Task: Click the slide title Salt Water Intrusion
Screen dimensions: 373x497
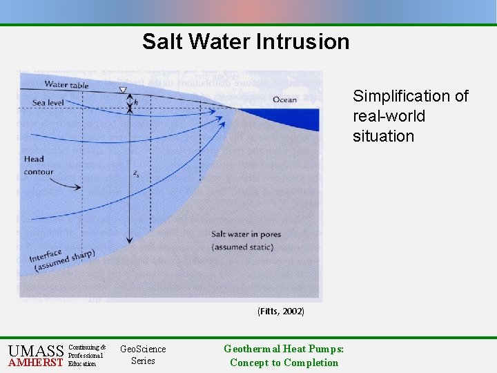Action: tap(246, 41)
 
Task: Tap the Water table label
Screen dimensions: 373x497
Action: tap(66, 85)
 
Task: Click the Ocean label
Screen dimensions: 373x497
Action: tap(284, 99)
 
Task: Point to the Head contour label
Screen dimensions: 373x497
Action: tap(39, 166)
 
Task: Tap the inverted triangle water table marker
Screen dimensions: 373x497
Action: tap(124, 90)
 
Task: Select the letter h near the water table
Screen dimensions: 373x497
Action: tap(136, 102)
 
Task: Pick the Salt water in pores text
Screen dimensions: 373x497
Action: tap(246, 234)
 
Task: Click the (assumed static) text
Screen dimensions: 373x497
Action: tap(242, 247)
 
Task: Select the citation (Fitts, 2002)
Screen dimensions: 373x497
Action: tap(280, 312)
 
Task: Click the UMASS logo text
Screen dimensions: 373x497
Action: tap(36, 351)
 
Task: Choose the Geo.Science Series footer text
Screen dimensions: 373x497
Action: tap(143, 355)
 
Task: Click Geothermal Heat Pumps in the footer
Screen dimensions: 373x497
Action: tap(284, 349)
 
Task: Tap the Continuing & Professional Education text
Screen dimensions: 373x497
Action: tap(87, 355)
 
